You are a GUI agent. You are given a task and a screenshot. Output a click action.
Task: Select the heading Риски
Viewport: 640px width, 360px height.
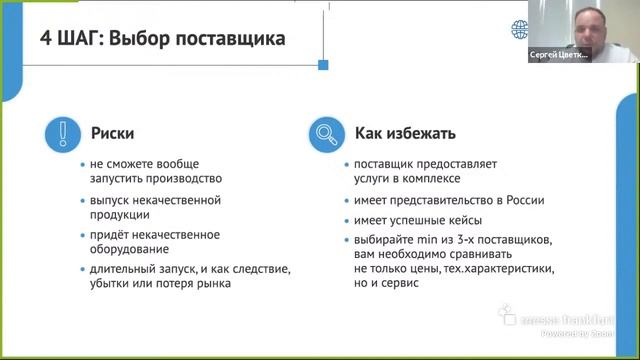click(x=112, y=133)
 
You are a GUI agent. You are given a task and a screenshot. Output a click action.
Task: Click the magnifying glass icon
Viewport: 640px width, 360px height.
click(x=326, y=133)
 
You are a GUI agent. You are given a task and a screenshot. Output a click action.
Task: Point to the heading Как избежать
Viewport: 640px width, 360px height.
click(x=405, y=133)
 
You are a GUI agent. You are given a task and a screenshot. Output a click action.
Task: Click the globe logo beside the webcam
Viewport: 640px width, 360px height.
click(x=520, y=29)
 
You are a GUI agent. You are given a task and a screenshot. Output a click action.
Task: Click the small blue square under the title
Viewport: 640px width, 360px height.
click(x=323, y=65)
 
